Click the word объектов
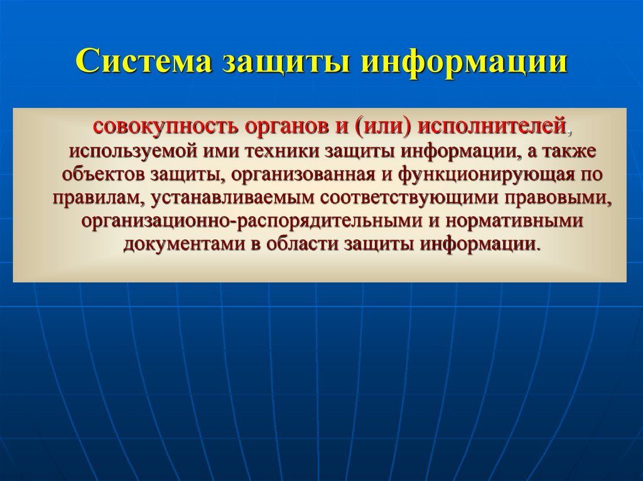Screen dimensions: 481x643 pos(103,175)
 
